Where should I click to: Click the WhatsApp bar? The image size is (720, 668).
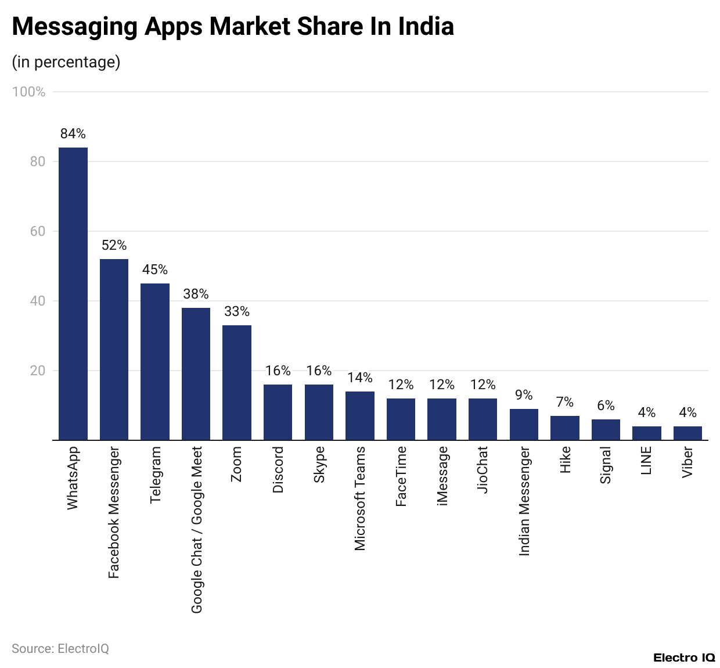[x=73, y=293]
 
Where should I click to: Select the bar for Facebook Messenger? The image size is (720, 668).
[x=114, y=349]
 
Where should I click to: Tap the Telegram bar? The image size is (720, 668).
[x=155, y=361]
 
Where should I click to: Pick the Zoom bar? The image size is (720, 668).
[x=237, y=382]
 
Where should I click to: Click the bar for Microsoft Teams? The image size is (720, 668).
[x=360, y=415]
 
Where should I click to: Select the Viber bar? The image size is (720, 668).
[x=687, y=433]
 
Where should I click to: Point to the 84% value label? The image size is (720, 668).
[x=73, y=134]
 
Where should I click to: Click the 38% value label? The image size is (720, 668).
[x=196, y=294]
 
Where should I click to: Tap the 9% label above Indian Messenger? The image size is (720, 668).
[x=524, y=395]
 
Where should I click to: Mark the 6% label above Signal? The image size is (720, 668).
[x=606, y=405]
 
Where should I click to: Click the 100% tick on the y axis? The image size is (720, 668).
[x=29, y=92]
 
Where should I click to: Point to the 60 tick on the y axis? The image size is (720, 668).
[x=38, y=231]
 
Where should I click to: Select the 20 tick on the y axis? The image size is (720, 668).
[x=38, y=371]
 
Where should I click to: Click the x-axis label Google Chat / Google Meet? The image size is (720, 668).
[x=197, y=529]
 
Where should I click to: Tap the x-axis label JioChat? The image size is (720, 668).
[x=483, y=469]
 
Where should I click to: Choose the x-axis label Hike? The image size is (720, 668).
[x=565, y=459]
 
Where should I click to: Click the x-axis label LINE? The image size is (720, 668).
[x=647, y=460]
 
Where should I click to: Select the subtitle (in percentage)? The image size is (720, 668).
[x=66, y=62]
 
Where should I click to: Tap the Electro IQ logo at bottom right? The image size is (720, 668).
[x=684, y=658]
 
